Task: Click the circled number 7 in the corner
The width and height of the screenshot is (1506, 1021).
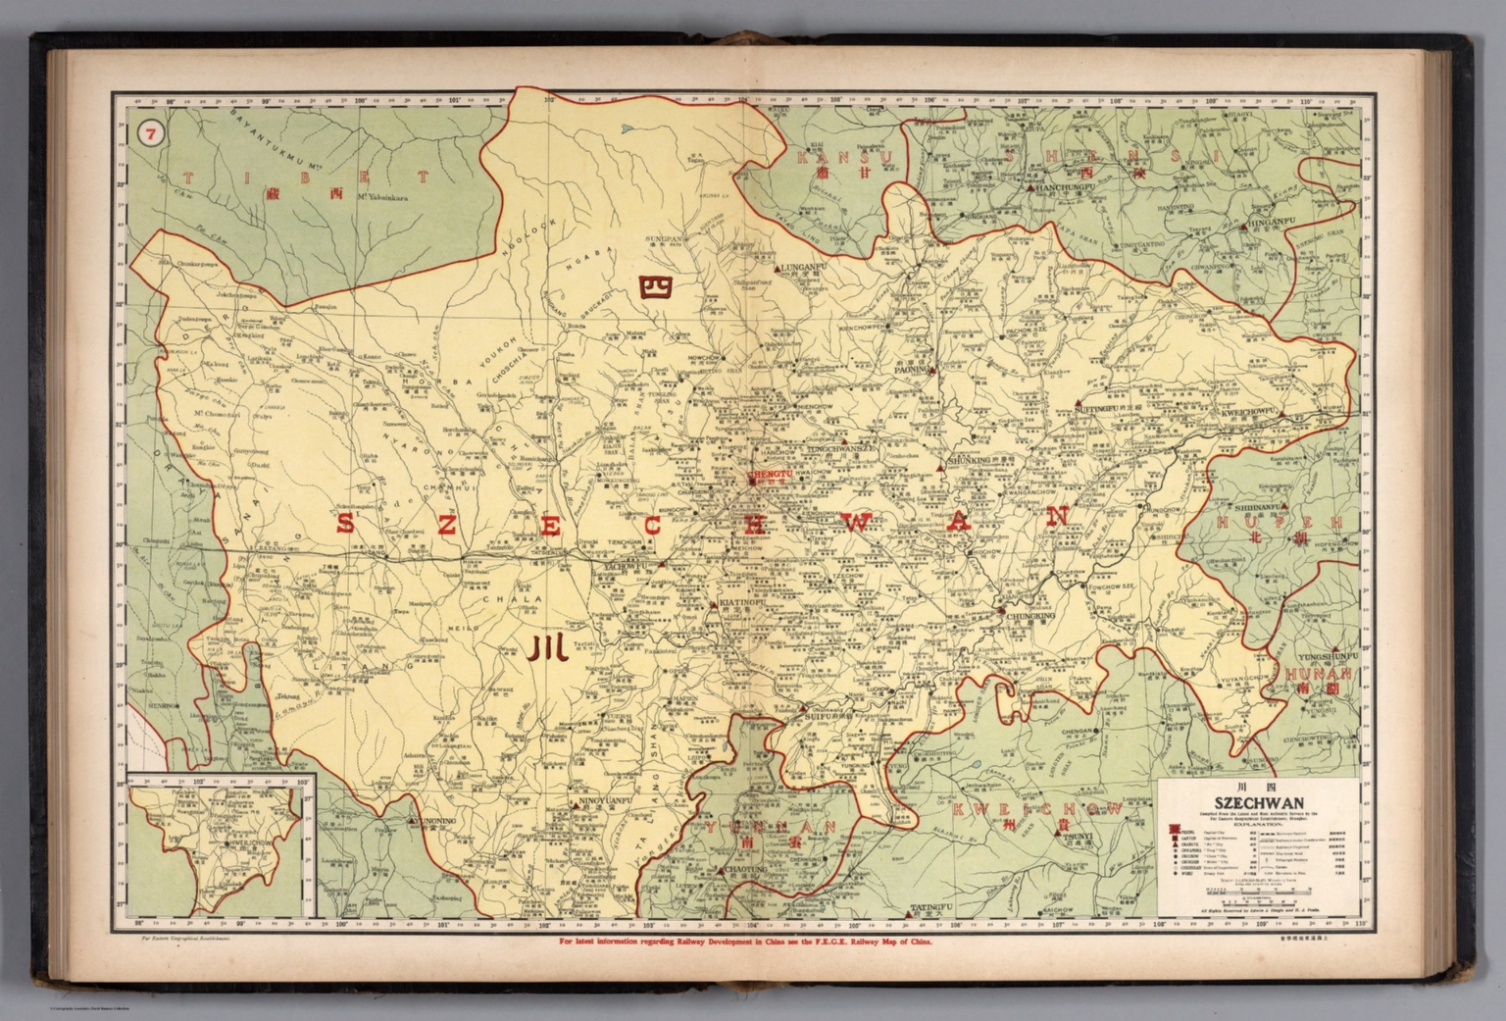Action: pyautogui.click(x=150, y=134)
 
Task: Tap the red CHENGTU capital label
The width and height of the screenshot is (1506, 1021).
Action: pyautogui.click(x=768, y=473)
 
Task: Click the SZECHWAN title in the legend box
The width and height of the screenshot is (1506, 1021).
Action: pyautogui.click(x=1257, y=799)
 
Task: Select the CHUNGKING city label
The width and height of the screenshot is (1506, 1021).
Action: pyautogui.click(x=1029, y=619)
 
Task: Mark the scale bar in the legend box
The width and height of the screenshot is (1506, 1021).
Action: pyautogui.click(x=1259, y=891)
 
